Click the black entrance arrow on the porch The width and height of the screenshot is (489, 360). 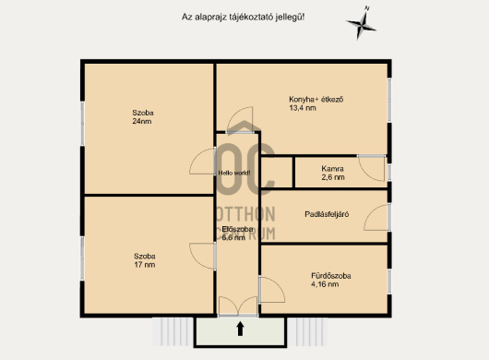point(240,330)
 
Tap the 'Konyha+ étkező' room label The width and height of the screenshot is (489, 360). point(316,100)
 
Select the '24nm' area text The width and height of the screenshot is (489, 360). point(142,121)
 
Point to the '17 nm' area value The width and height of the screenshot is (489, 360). point(144,265)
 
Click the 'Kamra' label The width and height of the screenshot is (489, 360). point(333,169)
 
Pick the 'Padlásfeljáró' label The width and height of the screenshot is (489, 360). point(327,214)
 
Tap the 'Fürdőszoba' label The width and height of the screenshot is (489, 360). point(331,276)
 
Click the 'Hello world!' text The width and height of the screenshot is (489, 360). point(234,173)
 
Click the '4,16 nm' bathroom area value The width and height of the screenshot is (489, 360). point(325,284)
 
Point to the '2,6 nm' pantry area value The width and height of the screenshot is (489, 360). point(333,177)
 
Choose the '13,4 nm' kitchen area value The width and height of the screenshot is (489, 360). point(303,108)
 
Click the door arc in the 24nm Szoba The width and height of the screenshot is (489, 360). point(196,155)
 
